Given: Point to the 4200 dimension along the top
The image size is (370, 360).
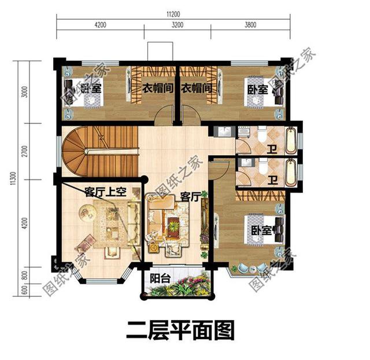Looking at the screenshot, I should coord(101,25).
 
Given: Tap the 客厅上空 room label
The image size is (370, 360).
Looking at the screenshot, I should coord(105,192).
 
